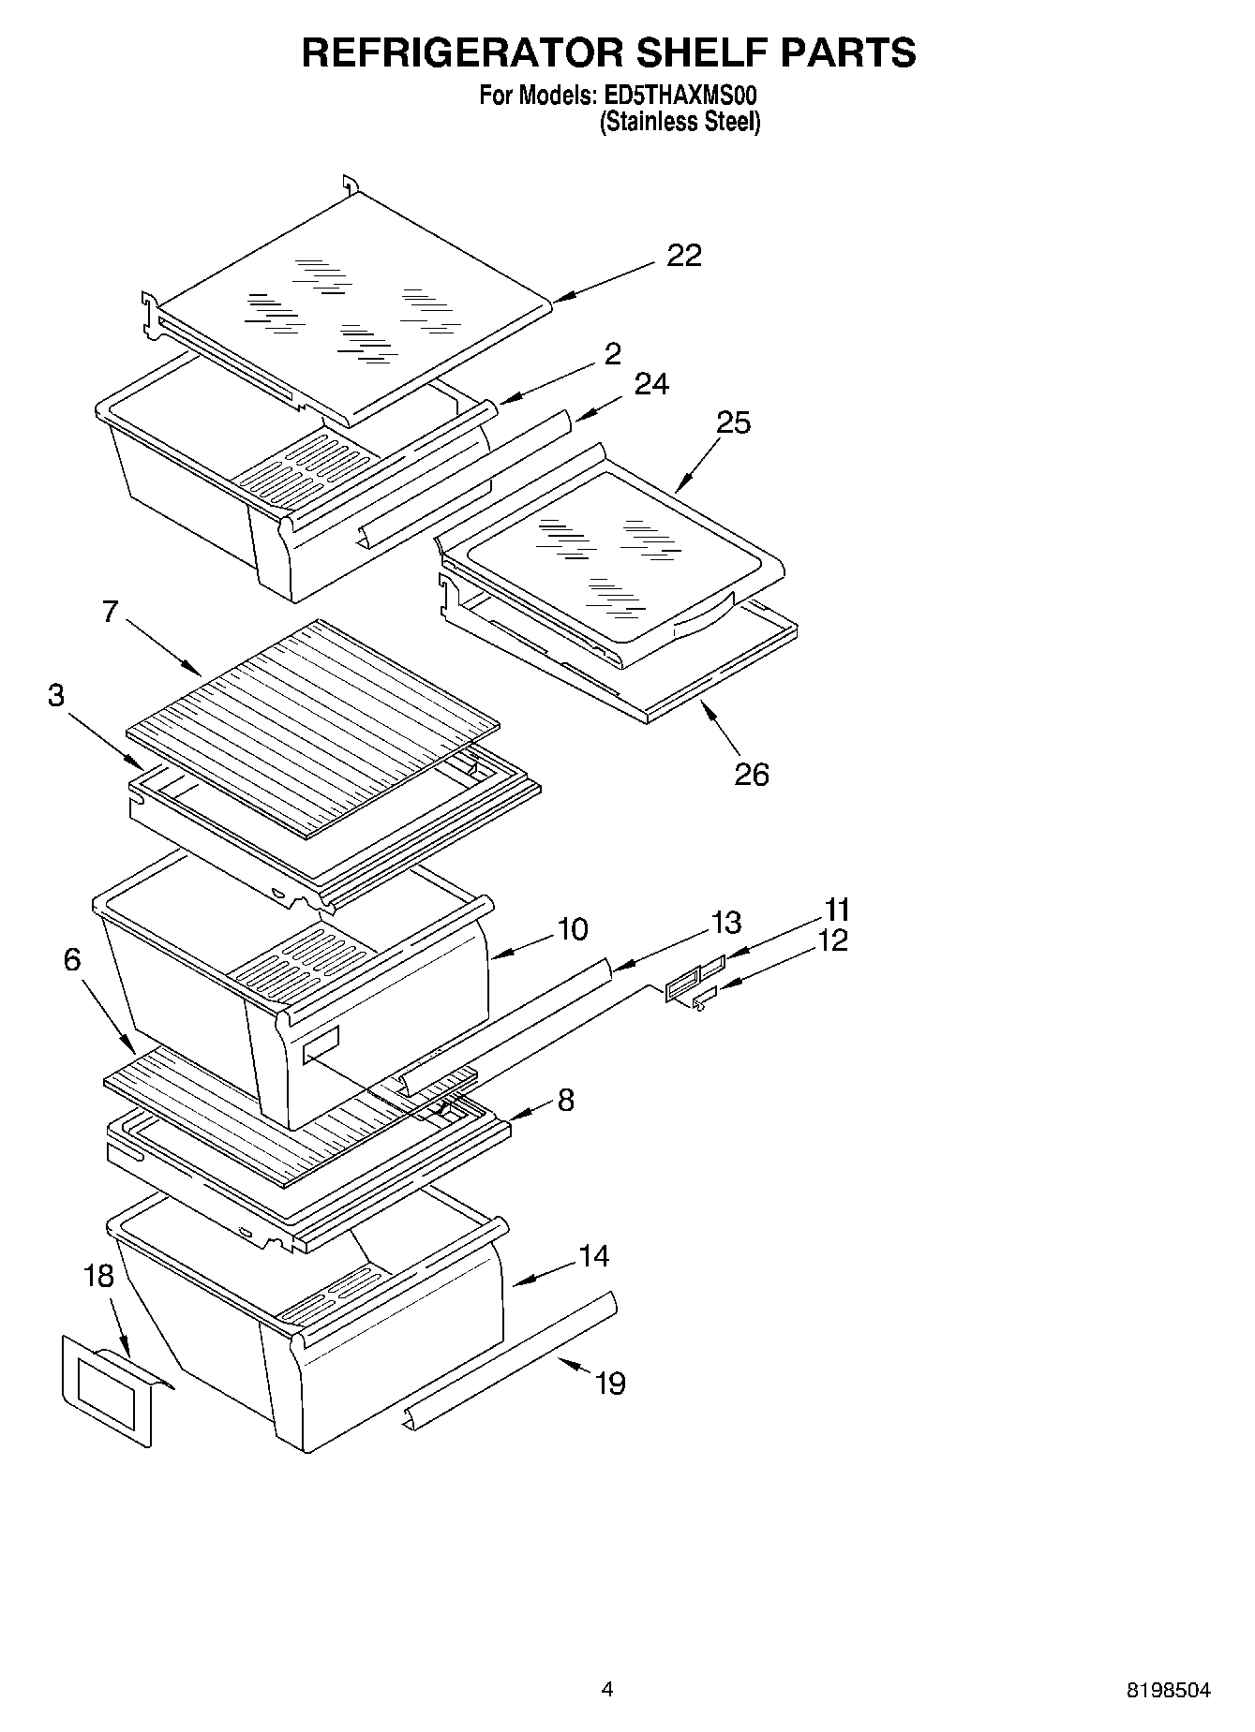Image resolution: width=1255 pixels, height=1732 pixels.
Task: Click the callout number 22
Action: (x=683, y=256)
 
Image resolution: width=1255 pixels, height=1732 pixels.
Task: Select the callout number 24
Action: (x=651, y=384)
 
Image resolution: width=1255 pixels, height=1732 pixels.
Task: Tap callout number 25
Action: (x=734, y=423)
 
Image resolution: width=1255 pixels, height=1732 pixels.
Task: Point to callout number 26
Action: (x=751, y=775)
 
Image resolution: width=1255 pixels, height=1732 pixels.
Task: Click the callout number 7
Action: (x=111, y=613)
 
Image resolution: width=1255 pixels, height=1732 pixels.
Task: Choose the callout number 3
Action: (x=56, y=697)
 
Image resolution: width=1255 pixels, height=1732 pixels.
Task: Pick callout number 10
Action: (x=572, y=929)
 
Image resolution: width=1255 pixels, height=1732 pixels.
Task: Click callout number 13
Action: (x=725, y=923)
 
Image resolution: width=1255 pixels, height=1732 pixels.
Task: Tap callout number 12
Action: (x=832, y=940)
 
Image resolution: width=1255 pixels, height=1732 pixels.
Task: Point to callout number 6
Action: (x=72, y=960)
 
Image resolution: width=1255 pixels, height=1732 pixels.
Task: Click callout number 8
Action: (x=565, y=1100)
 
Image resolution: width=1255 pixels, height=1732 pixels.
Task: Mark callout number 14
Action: (x=594, y=1256)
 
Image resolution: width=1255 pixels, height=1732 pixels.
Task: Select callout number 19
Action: (x=610, y=1384)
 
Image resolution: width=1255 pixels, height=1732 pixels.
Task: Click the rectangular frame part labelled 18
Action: (x=106, y=1390)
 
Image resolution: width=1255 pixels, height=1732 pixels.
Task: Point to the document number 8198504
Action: (x=1168, y=1691)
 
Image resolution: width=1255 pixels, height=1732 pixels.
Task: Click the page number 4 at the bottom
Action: (x=607, y=1690)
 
